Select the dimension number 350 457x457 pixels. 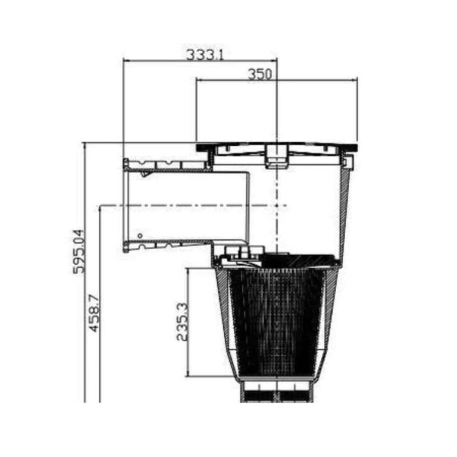tap(259, 74)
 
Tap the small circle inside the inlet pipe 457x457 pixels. tap(140, 236)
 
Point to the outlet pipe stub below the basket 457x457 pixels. tap(277, 393)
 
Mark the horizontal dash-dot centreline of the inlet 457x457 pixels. tap(190, 205)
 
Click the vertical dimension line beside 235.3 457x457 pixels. tap(189, 322)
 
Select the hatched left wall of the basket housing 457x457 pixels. tap(226, 321)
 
